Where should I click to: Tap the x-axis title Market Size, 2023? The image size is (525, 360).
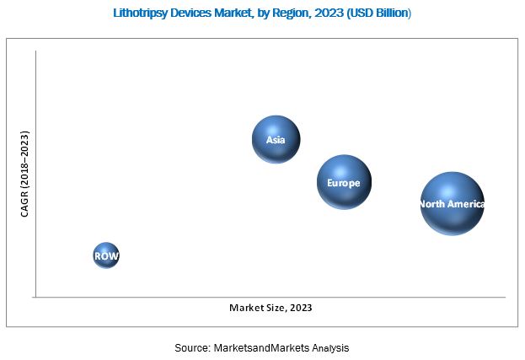271,308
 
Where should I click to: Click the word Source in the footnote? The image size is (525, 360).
192,347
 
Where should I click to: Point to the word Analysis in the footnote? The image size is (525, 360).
327,347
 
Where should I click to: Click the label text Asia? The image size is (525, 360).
276,139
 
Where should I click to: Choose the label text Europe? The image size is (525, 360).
344,183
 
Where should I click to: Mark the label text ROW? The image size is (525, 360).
106,255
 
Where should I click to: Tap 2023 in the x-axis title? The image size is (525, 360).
300,308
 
